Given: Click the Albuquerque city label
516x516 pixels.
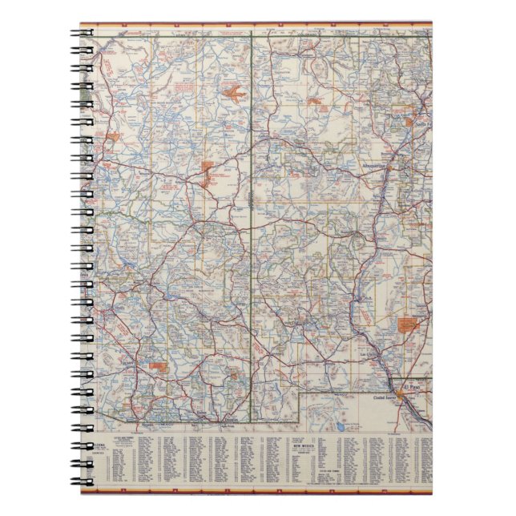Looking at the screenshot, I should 373,166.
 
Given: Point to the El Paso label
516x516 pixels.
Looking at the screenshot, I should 414,383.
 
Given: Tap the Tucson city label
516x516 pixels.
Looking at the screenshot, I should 124,361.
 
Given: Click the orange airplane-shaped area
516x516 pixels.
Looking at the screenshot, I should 235,95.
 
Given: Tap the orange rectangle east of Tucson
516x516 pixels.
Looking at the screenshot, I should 159,365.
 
